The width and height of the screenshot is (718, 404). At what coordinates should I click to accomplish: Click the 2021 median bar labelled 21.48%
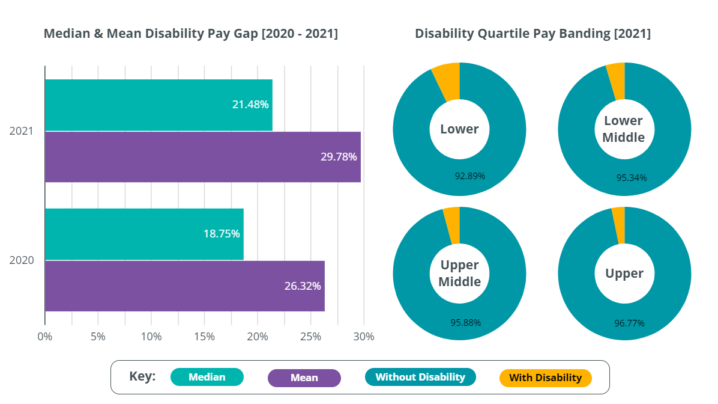tap(158, 105)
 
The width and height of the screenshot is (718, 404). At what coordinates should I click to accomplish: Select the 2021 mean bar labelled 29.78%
tap(203, 157)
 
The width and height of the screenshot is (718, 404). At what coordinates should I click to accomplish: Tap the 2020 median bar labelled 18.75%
tap(144, 234)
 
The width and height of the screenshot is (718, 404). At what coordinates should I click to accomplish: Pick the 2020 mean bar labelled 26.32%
tap(185, 286)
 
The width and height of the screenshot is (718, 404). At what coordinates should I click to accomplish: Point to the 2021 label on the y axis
tap(22, 130)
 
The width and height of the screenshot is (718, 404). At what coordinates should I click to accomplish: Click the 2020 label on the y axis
tap(22, 260)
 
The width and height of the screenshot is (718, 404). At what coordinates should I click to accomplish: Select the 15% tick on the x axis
tap(204, 337)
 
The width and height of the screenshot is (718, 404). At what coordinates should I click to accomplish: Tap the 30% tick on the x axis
tap(364, 337)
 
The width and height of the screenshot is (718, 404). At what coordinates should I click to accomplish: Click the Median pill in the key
tap(207, 377)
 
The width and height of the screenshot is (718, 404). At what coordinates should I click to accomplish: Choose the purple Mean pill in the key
tap(304, 378)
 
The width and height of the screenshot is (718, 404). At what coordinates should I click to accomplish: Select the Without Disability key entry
tap(420, 377)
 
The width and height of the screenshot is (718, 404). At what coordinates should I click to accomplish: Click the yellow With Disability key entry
tap(545, 378)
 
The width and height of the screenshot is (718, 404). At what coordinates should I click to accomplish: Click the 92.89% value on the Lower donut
tap(470, 176)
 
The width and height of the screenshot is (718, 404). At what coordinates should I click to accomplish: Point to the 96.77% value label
tap(629, 323)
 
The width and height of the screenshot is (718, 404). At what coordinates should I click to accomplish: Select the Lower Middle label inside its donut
tap(624, 129)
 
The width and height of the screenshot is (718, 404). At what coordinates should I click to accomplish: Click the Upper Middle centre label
tap(460, 274)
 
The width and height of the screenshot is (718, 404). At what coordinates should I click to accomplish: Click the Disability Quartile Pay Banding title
tap(533, 34)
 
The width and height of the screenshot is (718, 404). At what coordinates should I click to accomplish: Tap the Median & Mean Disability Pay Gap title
tap(191, 34)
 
